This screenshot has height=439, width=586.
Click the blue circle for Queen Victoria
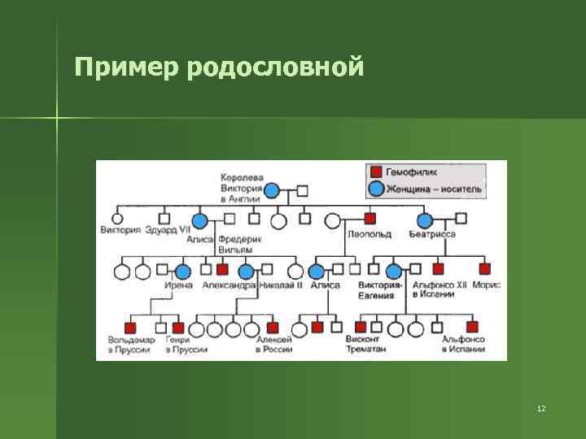(272, 191)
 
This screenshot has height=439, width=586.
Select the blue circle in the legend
(376, 189)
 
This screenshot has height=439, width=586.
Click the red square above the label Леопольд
(370, 219)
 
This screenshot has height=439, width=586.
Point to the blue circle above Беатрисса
(424, 219)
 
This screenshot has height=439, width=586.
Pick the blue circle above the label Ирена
(183, 271)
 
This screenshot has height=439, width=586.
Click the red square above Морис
(485, 269)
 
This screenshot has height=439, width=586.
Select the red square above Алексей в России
(273, 328)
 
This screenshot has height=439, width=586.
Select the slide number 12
(541, 407)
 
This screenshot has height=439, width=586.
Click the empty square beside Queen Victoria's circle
(302, 191)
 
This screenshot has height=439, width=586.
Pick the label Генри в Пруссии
(186, 344)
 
